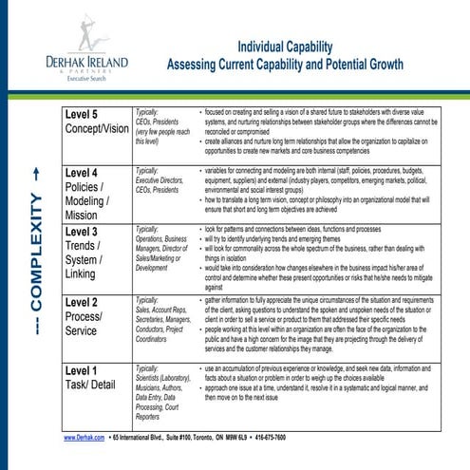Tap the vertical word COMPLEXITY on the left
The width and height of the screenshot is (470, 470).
click(37, 279)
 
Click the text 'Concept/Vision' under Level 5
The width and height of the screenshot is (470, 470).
click(104, 131)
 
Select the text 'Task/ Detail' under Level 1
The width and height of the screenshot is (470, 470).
click(99, 385)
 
